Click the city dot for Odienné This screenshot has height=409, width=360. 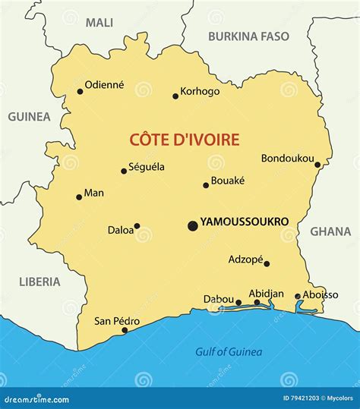point(80,92)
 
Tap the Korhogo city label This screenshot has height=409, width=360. point(200,91)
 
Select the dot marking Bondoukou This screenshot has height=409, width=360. point(317,164)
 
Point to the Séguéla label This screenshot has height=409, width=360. point(147,167)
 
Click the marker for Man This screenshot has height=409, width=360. point(79,197)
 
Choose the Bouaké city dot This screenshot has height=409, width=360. point(205,185)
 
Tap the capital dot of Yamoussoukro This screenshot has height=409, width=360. point(192,225)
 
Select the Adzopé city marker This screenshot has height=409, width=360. point(267,264)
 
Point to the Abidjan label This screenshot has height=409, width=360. point(266,294)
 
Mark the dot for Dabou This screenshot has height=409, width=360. point(238,303)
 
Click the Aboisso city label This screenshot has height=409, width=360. point(320,295)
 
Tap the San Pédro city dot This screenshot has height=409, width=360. point(125,330)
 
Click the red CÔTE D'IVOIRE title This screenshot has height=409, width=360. point(185,140)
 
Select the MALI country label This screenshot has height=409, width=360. point(99,23)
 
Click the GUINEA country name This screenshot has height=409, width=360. point(29,117)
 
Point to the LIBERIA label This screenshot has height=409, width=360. point(39,282)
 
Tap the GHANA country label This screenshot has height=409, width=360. point(330,232)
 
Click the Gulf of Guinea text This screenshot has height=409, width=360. point(229,351)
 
